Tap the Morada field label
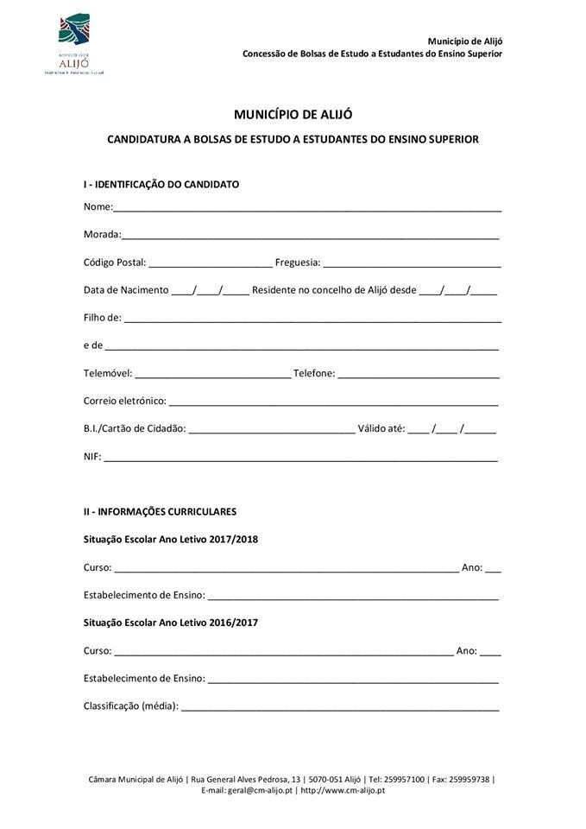(x=101, y=234)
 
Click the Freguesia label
(x=297, y=263)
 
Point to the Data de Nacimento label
(x=126, y=290)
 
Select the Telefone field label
(x=313, y=373)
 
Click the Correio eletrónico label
(x=124, y=401)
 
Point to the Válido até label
(x=381, y=428)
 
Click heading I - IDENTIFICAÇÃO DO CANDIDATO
(x=161, y=184)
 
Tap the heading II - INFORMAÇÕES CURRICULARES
(x=160, y=511)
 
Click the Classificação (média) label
(x=130, y=706)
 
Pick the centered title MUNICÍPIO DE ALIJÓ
(x=293, y=114)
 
